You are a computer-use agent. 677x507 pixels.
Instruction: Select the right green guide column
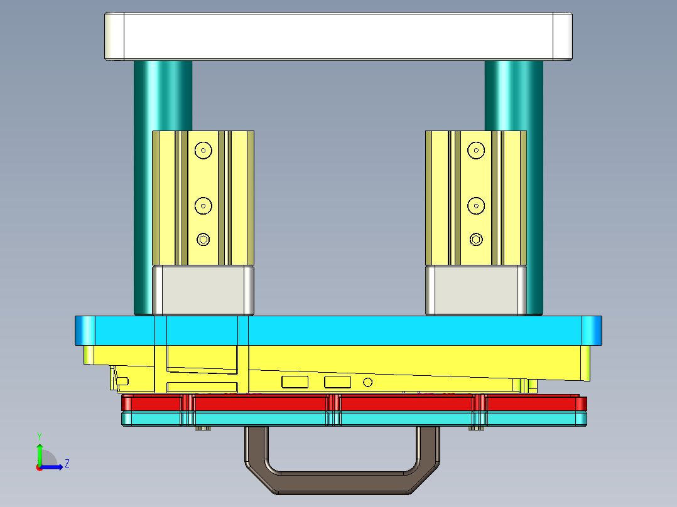point(514,94)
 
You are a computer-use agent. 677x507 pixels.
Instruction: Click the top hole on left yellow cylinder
point(203,150)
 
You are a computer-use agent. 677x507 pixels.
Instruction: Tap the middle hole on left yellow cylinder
point(203,205)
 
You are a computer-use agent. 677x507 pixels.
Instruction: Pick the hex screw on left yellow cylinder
point(203,239)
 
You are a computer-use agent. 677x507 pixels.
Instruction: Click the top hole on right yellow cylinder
point(476,150)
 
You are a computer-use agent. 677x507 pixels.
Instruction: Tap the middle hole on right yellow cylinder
point(476,205)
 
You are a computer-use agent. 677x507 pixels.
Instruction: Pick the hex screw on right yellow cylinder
point(476,239)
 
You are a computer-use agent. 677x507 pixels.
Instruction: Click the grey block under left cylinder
point(203,290)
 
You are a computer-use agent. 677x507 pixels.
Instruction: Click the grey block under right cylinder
point(476,290)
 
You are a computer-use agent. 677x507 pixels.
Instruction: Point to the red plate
point(402,403)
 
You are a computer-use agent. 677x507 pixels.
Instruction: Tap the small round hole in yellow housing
point(368,382)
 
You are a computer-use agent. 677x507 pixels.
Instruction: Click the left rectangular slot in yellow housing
point(295,382)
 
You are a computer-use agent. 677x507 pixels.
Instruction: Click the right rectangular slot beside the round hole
point(337,382)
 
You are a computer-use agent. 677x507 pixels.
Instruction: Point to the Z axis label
point(67,464)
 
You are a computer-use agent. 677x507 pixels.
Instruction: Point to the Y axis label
point(39,435)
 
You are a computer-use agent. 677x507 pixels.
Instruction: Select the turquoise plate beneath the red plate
point(402,419)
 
